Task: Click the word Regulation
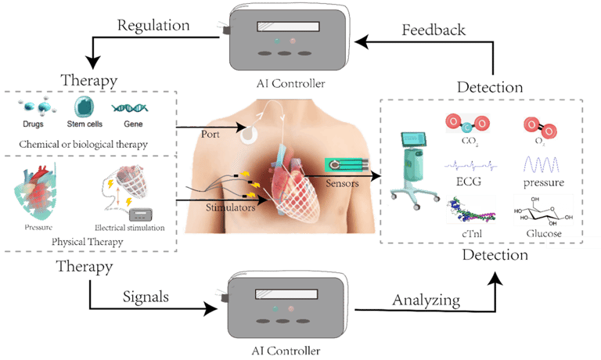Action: pyautogui.click(x=153, y=25)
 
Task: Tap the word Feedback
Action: pyautogui.click(x=434, y=30)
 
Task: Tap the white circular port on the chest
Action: pyautogui.click(x=250, y=133)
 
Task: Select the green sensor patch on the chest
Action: pyautogui.click(x=344, y=166)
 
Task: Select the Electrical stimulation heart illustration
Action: pyautogui.click(x=129, y=191)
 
